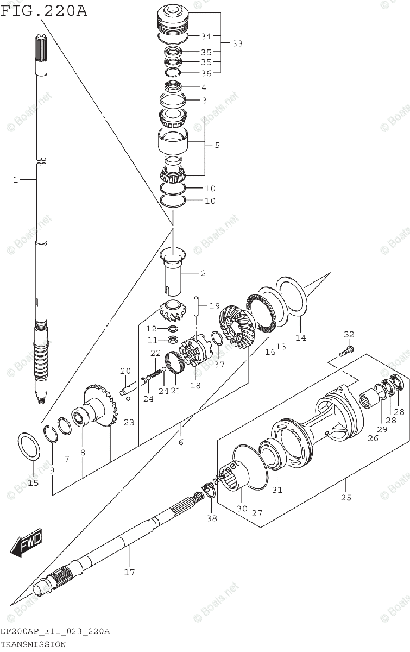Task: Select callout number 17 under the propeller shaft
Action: pos(129,572)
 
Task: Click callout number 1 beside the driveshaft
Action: pos(16,179)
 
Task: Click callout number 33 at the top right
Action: pos(237,43)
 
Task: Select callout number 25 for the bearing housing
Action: pos(346,497)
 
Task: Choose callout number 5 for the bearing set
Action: pos(217,145)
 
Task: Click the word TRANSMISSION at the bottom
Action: pos(33,644)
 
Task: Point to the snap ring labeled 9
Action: pos(51,434)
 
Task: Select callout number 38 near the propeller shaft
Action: pos(211,518)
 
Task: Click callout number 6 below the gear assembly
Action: pos(181,442)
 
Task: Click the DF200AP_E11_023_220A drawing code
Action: pos(55,631)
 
